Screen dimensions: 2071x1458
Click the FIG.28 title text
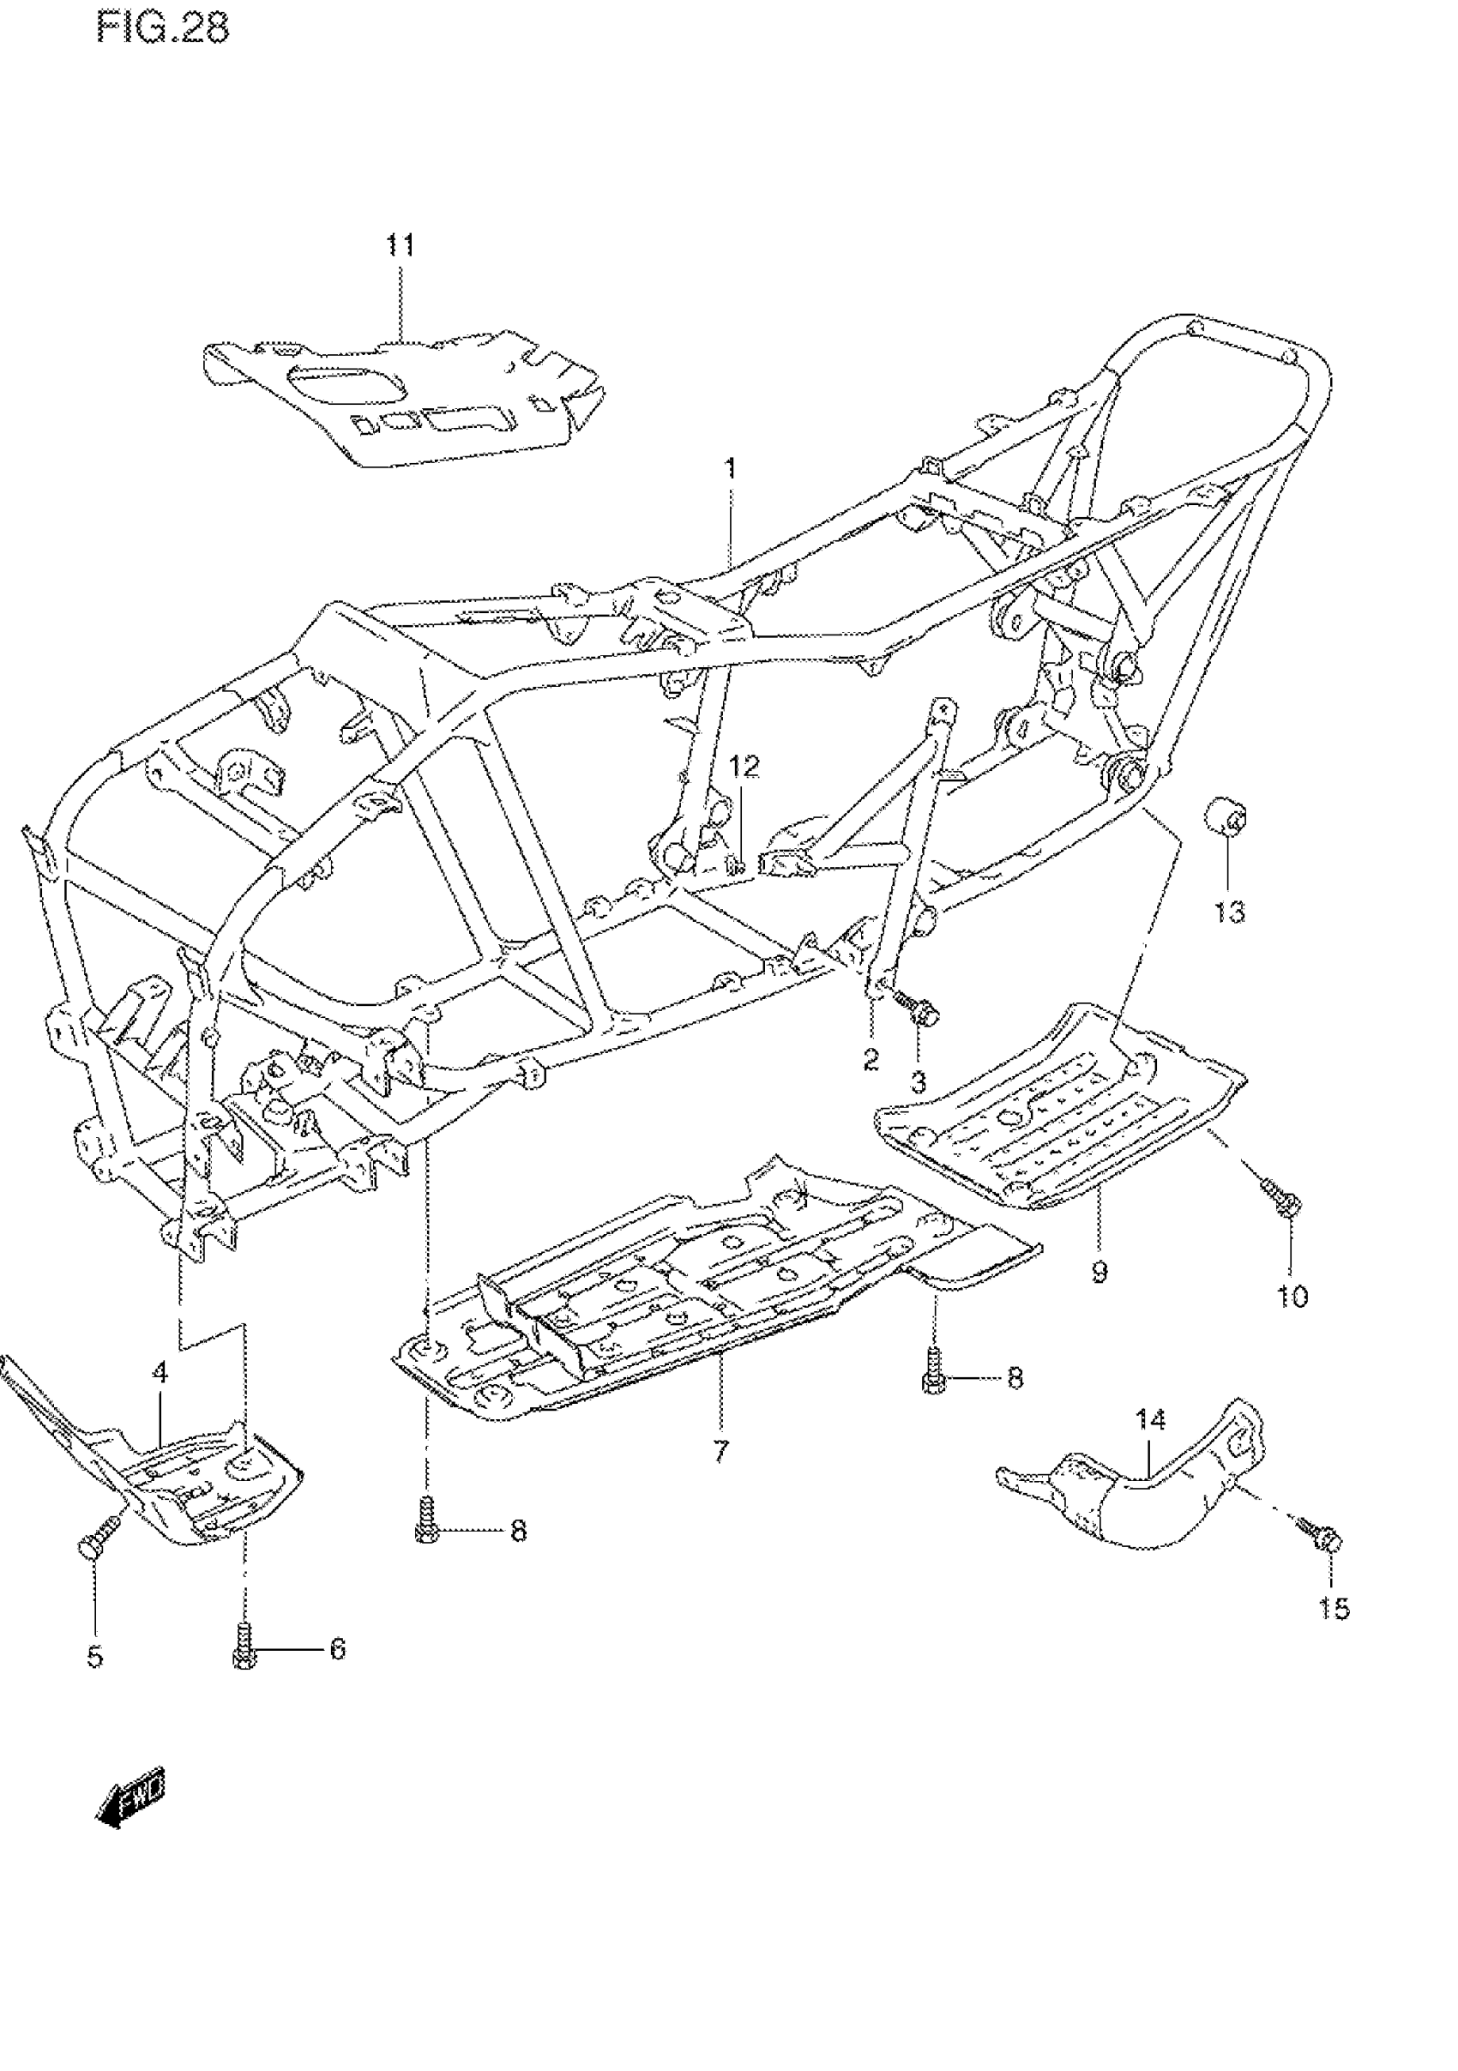[x=163, y=28]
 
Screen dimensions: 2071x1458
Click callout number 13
[x=1229, y=912]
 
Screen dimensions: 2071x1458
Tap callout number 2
[x=871, y=1059]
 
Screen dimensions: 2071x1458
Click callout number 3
[x=919, y=1082]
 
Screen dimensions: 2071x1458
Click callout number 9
[x=1099, y=1273]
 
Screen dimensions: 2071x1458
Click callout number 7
[x=720, y=1452]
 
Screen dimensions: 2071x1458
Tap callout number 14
[x=1150, y=1420]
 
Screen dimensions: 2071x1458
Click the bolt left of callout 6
[x=243, y=1648]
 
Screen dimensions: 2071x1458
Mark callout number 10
[x=1292, y=1297]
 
